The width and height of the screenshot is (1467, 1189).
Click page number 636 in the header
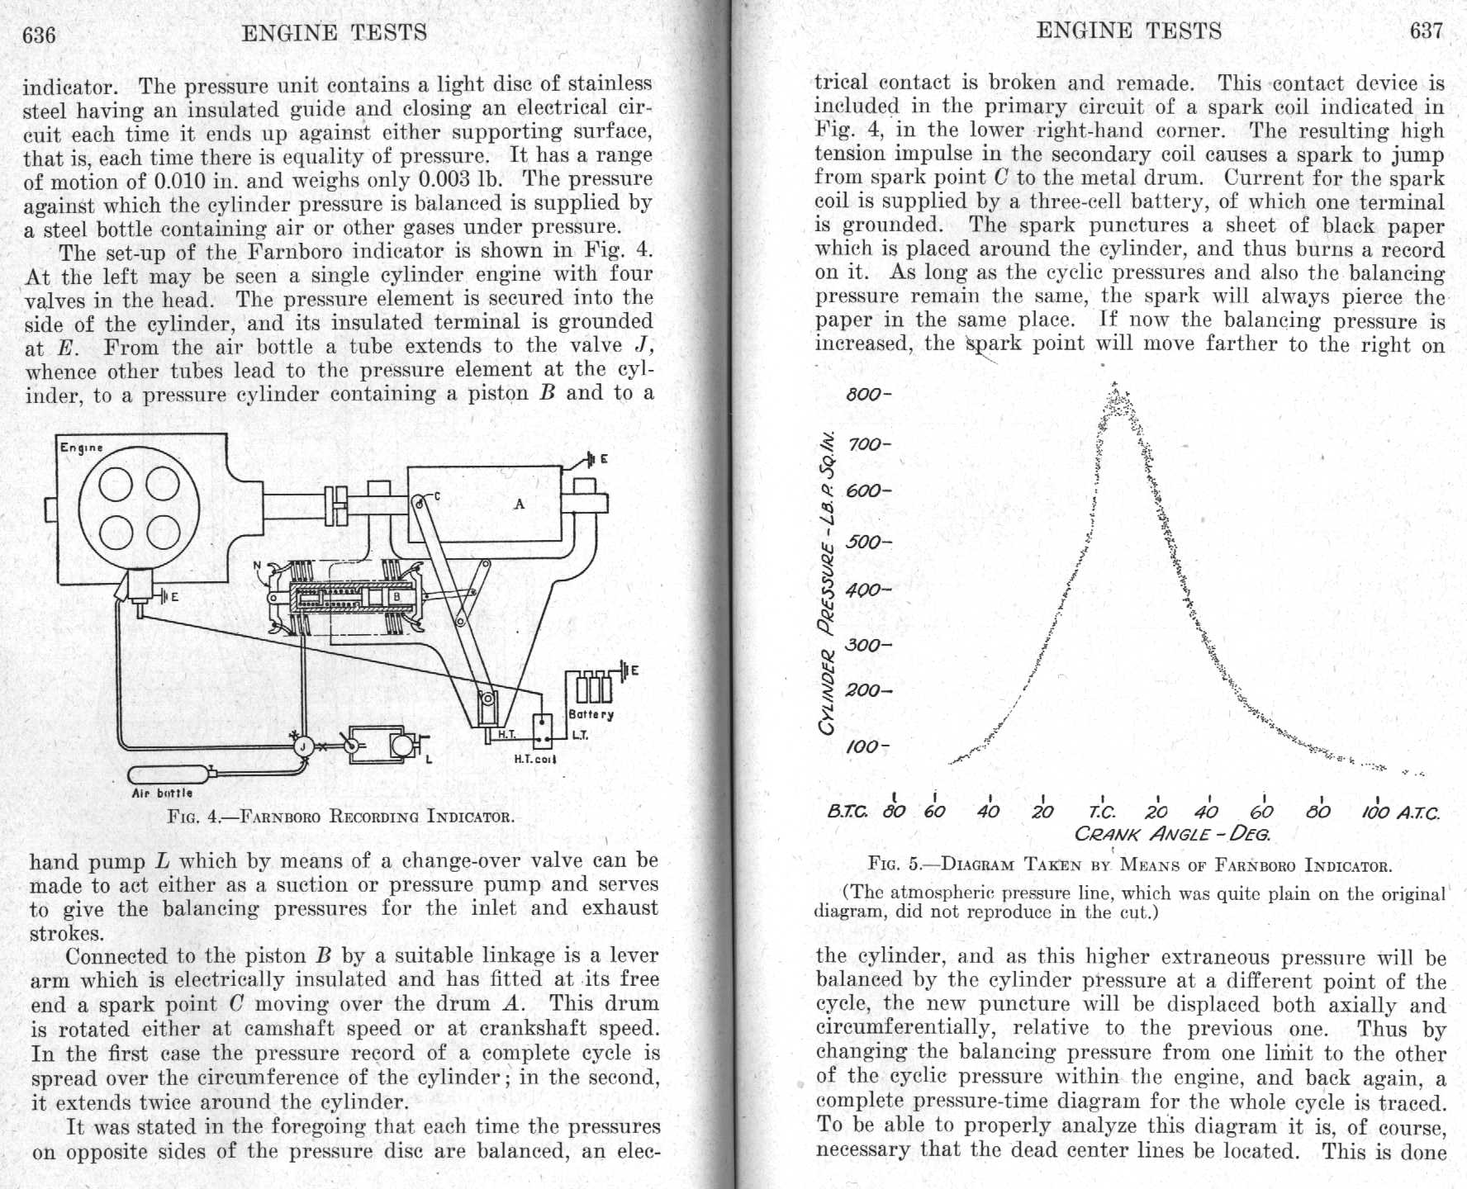pyautogui.click(x=39, y=35)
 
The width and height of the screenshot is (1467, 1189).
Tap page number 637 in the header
pyautogui.click(x=1427, y=31)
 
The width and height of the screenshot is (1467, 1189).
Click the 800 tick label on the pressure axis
pyautogui.click(x=864, y=394)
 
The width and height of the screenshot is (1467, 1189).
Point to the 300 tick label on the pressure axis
pyautogui.click(x=864, y=645)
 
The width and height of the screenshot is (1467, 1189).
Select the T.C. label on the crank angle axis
pyautogui.click(x=1102, y=812)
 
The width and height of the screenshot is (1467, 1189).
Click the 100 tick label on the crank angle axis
pyautogui.click(x=1376, y=812)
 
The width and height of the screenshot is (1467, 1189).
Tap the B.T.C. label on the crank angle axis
pyautogui.click(x=847, y=812)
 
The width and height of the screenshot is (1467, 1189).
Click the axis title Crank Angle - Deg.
pyautogui.click(x=1172, y=833)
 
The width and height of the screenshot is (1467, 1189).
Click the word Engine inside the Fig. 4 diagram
pyautogui.click(x=81, y=448)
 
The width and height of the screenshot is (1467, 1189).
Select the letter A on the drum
pyautogui.click(x=519, y=504)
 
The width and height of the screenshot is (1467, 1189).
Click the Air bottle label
pyautogui.click(x=162, y=793)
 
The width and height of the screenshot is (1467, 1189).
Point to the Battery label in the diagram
pyautogui.click(x=591, y=714)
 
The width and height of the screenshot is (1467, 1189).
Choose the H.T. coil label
pyautogui.click(x=535, y=759)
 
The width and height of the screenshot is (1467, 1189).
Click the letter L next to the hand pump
pyautogui.click(x=429, y=758)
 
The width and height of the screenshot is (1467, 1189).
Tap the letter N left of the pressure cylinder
pyautogui.click(x=257, y=566)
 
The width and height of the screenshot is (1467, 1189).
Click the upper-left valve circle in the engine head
pyautogui.click(x=116, y=484)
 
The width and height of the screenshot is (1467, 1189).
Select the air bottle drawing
pyautogui.click(x=169, y=775)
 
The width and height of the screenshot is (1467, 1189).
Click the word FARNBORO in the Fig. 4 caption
pyautogui.click(x=283, y=817)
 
